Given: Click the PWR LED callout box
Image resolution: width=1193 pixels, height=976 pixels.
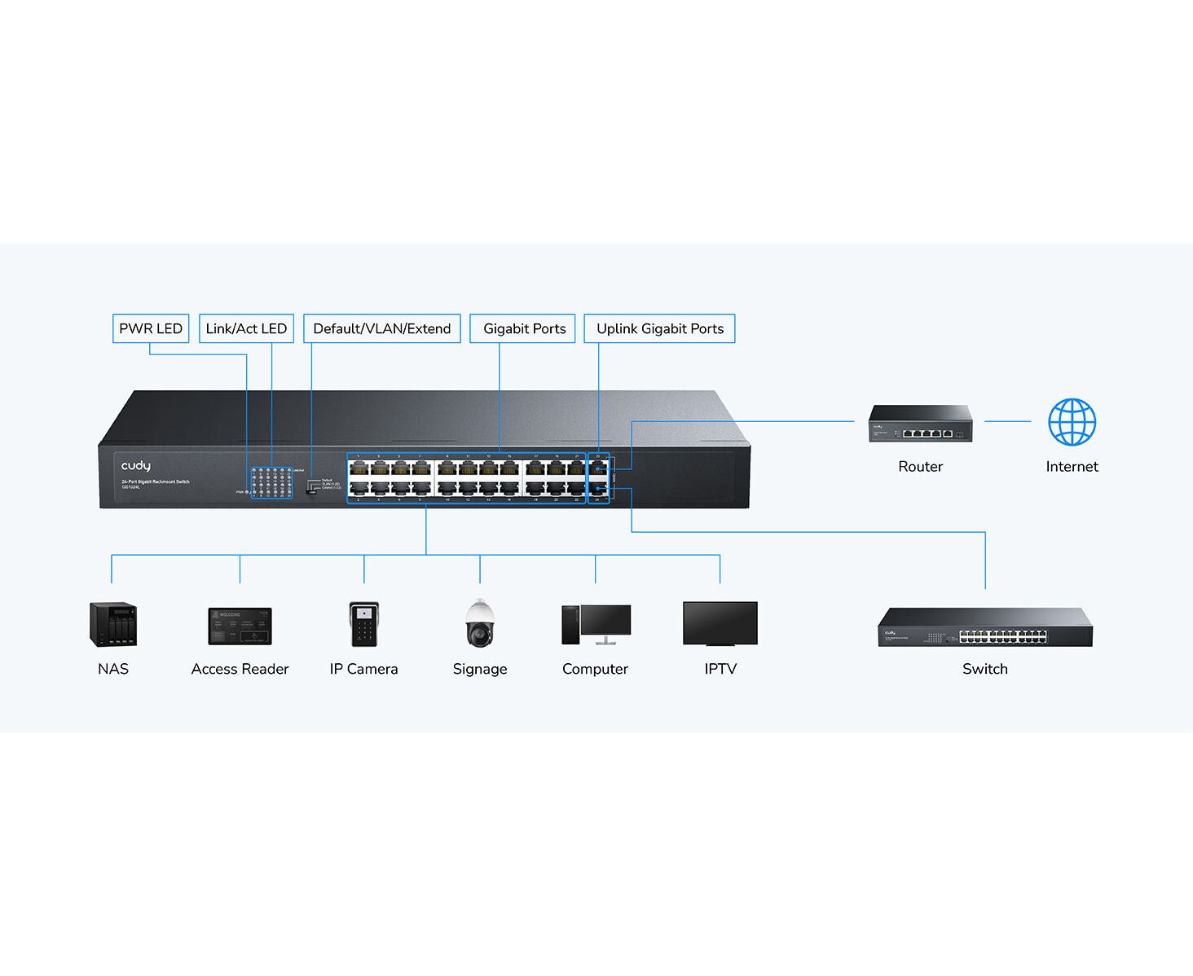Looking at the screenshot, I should (151, 328).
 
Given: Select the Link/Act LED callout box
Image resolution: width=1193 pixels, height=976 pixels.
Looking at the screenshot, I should (246, 328).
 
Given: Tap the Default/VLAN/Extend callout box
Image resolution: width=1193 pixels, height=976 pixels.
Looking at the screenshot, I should (381, 328).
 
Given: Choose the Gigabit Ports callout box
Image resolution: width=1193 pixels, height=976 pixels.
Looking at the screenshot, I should (524, 328).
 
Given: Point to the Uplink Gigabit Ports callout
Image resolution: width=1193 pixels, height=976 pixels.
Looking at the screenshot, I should (659, 328).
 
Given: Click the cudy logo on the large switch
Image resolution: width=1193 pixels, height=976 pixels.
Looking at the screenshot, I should (136, 466).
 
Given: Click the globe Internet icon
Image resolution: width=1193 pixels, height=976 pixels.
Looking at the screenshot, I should (1072, 422).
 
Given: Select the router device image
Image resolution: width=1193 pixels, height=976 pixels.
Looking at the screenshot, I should (920, 424).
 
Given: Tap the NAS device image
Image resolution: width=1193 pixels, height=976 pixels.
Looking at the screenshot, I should (112, 624).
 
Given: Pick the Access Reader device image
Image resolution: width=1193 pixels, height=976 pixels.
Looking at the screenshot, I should (240, 626).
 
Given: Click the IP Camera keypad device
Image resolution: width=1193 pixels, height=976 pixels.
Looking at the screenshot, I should (363, 624).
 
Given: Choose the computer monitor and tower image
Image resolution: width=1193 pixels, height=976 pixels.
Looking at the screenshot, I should (596, 624).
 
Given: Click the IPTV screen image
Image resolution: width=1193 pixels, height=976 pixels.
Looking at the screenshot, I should (720, 623).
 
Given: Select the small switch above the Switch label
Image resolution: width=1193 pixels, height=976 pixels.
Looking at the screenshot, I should (984, 627).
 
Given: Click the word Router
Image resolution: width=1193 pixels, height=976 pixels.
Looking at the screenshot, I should (920, 467).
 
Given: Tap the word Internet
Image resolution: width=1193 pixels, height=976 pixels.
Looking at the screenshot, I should (1072, 467).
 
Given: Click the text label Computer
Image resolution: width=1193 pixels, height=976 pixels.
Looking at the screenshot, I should (595, 669).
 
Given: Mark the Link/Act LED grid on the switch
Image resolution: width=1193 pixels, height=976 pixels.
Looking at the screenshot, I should (271, 482).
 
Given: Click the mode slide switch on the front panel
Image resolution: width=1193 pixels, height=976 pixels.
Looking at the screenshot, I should (311, 487).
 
